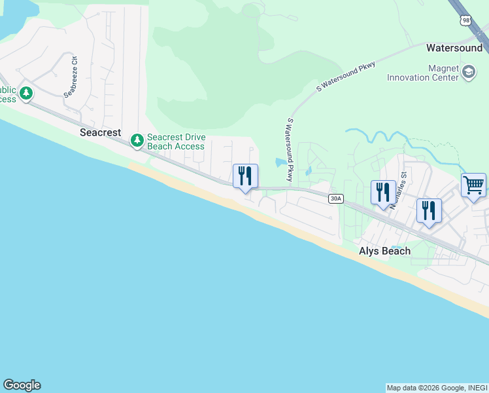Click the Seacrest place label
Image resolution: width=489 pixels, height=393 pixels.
[101, 132]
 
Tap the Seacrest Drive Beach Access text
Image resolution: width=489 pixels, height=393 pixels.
[176, 141]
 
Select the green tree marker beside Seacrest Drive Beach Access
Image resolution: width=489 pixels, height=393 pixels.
[137, 140]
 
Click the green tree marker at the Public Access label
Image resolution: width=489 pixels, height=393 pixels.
[26, 94]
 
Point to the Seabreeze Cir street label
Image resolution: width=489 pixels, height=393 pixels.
[70, 81]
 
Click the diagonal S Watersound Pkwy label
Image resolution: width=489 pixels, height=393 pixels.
[346, 76]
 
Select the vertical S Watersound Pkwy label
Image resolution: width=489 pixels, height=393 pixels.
[289, 150]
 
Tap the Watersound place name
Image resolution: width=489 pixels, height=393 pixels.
[454, 48]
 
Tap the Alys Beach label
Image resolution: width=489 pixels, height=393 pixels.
[385, 251]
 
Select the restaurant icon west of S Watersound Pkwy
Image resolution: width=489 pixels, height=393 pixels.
[245, 176]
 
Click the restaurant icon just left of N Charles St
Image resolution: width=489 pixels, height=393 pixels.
[383, 193]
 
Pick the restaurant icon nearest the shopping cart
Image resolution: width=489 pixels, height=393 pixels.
[429, 211]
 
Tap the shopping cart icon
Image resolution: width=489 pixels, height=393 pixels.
[473, 185]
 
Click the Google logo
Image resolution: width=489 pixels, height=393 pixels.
[22, 385]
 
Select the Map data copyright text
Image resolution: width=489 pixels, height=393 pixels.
[437, 388]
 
